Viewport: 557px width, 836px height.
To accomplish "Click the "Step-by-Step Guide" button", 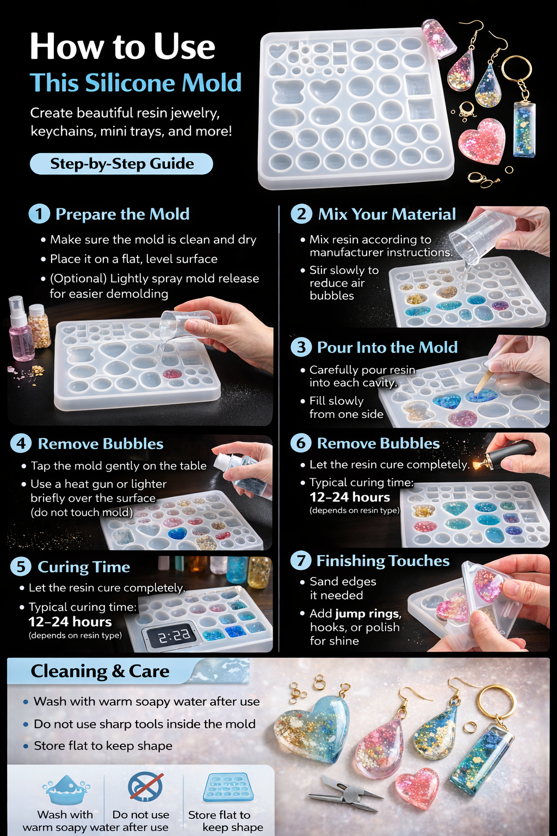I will pos(121,164).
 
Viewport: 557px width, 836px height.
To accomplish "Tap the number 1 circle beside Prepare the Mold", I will pos(39,214).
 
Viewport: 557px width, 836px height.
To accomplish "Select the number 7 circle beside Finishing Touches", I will pos(301,561).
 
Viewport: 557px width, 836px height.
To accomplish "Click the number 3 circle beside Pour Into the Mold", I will pos(301,347).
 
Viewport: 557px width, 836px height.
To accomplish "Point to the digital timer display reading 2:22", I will pos(174,636).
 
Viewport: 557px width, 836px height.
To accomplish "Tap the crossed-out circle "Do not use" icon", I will pos(145,787).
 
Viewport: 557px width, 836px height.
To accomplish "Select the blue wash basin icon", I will pos(66,790).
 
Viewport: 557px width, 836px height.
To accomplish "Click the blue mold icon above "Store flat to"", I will pos(228,788).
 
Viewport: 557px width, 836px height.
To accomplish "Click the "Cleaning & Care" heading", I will pos(100,672).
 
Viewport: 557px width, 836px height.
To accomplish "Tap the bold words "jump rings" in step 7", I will pos(368,614).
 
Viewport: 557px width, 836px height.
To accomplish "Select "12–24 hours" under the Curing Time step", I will pos(70,622).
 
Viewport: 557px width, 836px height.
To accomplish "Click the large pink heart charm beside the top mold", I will pos(482,142).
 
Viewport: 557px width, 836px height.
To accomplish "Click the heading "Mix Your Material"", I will pos(387,214).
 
